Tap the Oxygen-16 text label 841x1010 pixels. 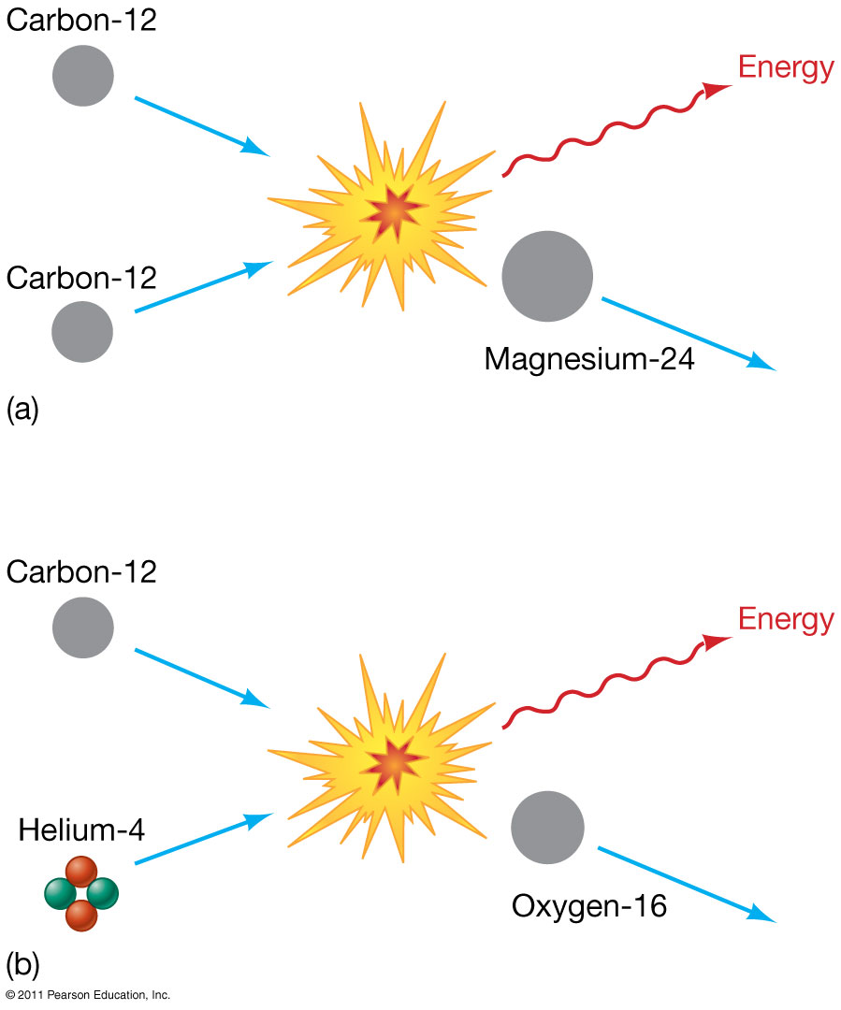point(589,906)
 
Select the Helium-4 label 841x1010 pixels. point(81,829)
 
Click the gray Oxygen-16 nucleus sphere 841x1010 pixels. point(548,826)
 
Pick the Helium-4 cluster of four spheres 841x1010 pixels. point(81,893)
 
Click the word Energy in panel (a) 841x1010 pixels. point(786,68)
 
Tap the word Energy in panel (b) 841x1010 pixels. point(786,619)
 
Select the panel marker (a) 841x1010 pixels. point(22,410)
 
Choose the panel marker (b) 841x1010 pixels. point(22,960)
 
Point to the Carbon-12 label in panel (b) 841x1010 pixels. point(81,571)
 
